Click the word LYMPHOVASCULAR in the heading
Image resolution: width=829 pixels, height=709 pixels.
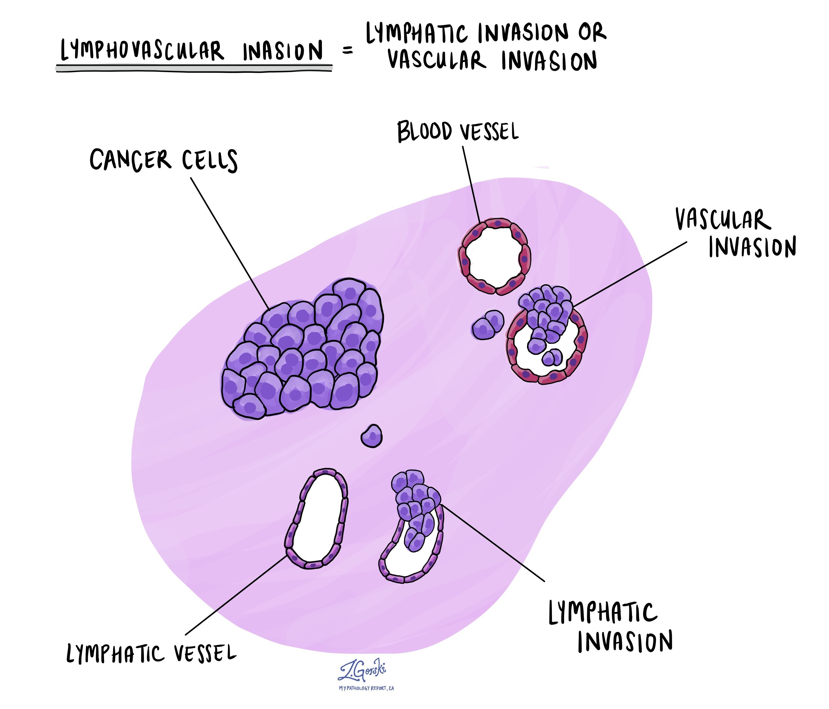point(142,51)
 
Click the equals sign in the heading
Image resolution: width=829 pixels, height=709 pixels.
point(348,51)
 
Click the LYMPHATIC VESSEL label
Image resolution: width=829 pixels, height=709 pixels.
point(151,653)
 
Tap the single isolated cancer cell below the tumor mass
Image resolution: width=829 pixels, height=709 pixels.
point(372,436)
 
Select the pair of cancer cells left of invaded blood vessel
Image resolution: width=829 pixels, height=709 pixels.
point(487,325)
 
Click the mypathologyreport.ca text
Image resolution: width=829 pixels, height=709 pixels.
point(366,688)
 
